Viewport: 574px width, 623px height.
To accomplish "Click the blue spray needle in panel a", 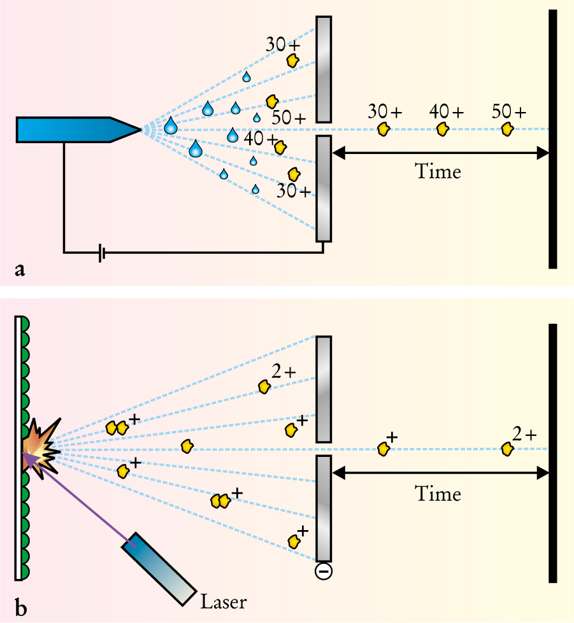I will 76,129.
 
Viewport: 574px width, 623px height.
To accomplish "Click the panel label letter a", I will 20,270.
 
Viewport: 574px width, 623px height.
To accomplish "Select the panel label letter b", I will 21,608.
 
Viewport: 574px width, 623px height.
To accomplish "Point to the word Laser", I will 223,601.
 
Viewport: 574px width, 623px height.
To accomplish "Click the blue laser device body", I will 159,567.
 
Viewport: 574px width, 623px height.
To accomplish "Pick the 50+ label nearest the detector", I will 510,111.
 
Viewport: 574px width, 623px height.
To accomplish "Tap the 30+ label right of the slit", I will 385,111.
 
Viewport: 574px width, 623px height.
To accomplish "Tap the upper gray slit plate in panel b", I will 324,388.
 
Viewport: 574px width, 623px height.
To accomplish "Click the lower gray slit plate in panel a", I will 324,188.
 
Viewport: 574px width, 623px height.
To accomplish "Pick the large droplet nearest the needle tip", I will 171,126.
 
